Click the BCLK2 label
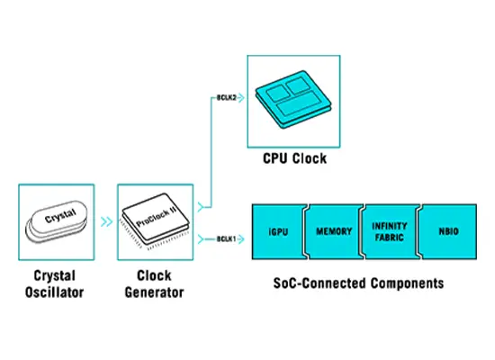coord(226,97)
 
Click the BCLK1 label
coord(226,239)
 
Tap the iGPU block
coord(279,232)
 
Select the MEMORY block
coord(334,232)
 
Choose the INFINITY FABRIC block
coord(390,232)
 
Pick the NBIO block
coord(448,232)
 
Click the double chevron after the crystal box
coord(107,221)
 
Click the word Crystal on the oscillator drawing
coord(60,216)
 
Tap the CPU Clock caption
coord(295,158)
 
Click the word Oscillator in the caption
coord(54,292)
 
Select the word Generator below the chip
coord(155,292)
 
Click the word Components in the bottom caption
coord(407,283)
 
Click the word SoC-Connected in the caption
coord(319,283)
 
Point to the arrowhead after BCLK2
coord(241,98)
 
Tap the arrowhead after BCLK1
coord(241,239)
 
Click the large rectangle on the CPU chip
coord(301,103)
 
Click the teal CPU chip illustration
coord(293,99)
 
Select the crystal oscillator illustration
coord(56,221)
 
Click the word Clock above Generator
coord(155,275)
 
